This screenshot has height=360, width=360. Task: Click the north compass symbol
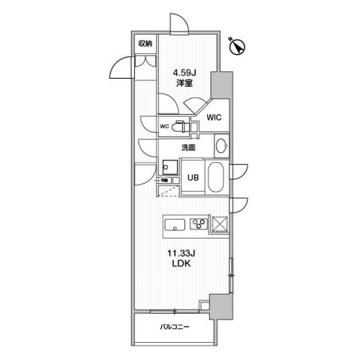pos(237,46)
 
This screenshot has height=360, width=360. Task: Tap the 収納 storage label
pos(145,44)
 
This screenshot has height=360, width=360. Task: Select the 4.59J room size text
pos(184,73)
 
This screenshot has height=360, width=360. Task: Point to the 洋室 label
pos(184,83)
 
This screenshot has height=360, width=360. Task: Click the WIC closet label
pos(214,117)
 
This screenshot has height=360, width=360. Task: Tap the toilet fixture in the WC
pos(180,126)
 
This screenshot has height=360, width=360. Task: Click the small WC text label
pos(164,127)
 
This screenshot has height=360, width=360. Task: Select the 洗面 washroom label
pos(188,148)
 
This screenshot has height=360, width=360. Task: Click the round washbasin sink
pos(222,145)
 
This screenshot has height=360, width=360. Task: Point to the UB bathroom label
pos(193,177)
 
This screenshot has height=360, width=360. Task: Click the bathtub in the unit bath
pos(217,177)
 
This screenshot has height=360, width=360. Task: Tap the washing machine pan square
pos(169,167)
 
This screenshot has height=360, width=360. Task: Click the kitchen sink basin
pos(175,225)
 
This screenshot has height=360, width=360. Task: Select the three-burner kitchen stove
pos(199,223)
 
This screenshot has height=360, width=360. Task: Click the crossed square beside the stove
pos(220,224)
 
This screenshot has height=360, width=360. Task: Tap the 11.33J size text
pos(181,253)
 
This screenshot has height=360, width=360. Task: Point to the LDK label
pos(181,264)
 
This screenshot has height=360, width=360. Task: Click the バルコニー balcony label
pos(175,327)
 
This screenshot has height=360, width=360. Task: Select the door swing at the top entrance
pos(179,23)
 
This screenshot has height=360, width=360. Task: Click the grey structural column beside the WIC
pos(222,85)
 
